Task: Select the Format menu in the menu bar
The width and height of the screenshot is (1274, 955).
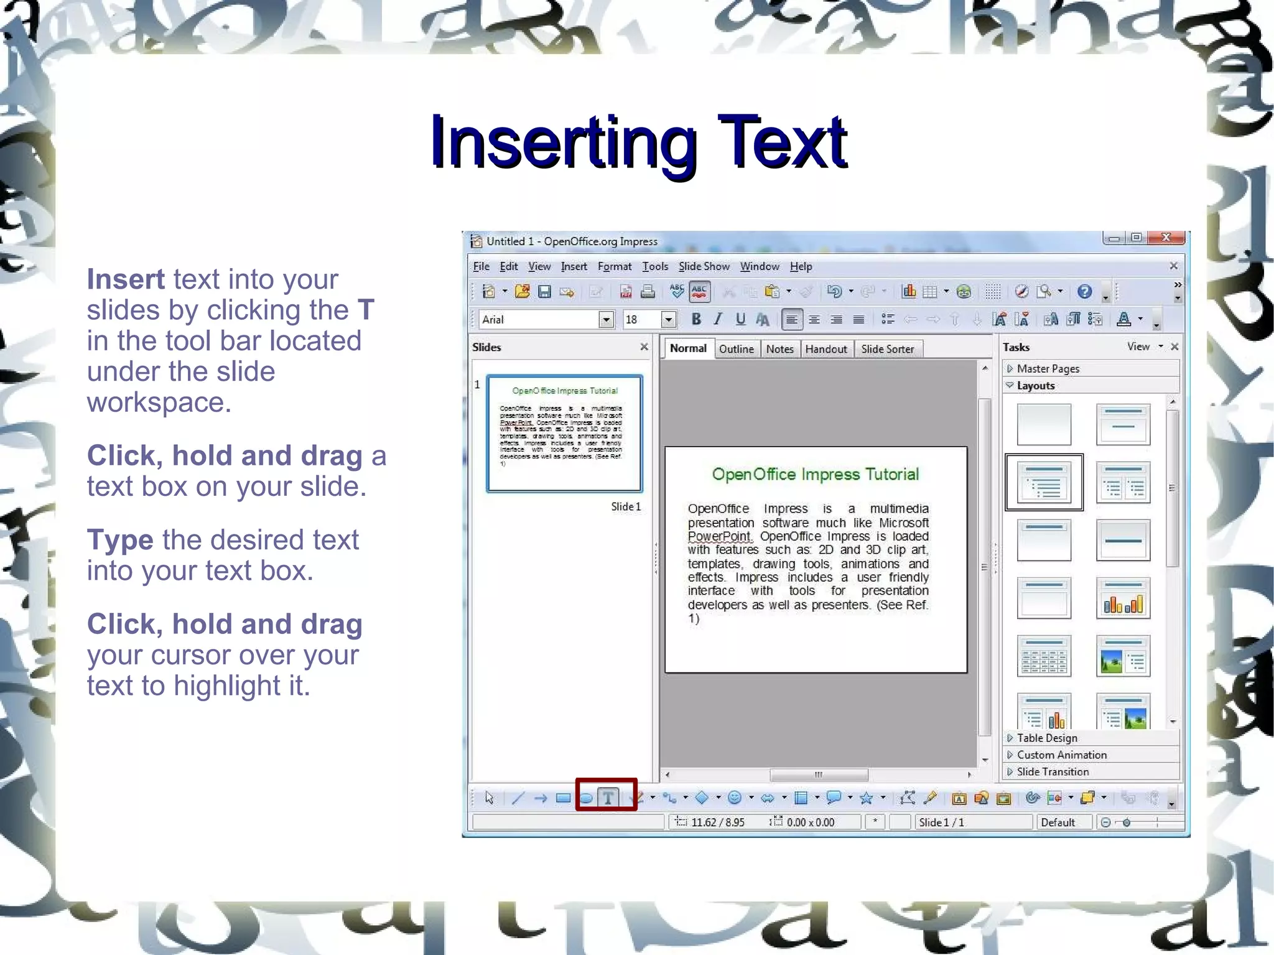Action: [x=614, y=267]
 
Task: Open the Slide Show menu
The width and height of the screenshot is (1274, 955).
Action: [x=704, y=267]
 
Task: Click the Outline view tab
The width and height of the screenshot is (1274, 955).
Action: [x=736, y=349]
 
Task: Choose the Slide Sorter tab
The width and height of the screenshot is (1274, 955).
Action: [x=887, y=349]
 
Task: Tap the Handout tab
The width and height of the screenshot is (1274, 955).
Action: [x=825, y=349]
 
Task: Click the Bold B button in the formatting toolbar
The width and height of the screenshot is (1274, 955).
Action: [x=696, y=320]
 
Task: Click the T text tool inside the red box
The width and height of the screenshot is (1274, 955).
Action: [x=608, y=798]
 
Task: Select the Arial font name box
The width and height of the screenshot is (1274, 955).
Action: [x=539, y=320]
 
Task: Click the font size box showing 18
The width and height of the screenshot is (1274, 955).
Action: [x=641, y=320]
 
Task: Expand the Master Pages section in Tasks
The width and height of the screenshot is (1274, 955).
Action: [x=1048, y=369]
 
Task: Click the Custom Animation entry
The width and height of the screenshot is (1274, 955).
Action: [x=1061, y=755]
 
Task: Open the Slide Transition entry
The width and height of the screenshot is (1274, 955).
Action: [x=1053, y=771]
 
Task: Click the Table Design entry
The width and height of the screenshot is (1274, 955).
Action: [x=1047, y=738]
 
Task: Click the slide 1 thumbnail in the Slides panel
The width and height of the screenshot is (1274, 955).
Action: [x=564, y=433]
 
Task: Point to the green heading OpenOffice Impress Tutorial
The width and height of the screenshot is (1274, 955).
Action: [x=815, y=475]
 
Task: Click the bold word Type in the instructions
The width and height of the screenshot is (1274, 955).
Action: [x=120, y=540]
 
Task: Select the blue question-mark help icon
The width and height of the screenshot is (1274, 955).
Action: [x=1084, y=291]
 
